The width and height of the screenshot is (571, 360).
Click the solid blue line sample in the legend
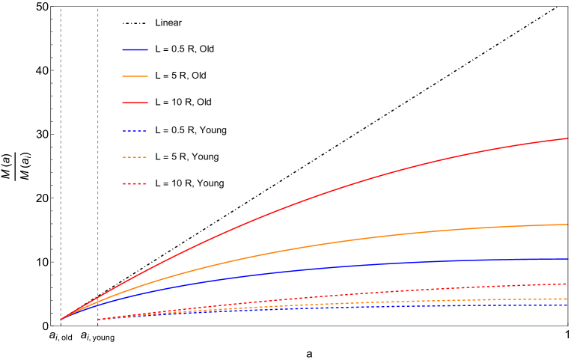point(135,50)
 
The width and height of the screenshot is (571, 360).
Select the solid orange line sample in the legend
point(135,76)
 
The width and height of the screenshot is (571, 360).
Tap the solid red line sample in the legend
point(135,103)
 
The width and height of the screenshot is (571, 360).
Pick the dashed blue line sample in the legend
point(135,131)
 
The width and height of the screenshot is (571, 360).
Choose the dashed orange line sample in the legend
point(135,157)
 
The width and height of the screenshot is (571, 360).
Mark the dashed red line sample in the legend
point(135,183)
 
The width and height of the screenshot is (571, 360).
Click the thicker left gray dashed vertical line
point(61,150)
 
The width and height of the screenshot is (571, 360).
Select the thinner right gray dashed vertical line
point(98,150)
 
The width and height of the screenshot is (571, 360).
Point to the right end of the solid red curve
point(567,138)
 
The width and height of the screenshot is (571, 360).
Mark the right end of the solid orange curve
point(567,225)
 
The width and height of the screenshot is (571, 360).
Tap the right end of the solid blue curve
point(567,259)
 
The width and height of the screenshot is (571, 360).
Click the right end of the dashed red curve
point(567,284)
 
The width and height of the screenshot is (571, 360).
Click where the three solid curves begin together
point(61,320)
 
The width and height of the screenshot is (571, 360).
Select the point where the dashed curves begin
point(98,320)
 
